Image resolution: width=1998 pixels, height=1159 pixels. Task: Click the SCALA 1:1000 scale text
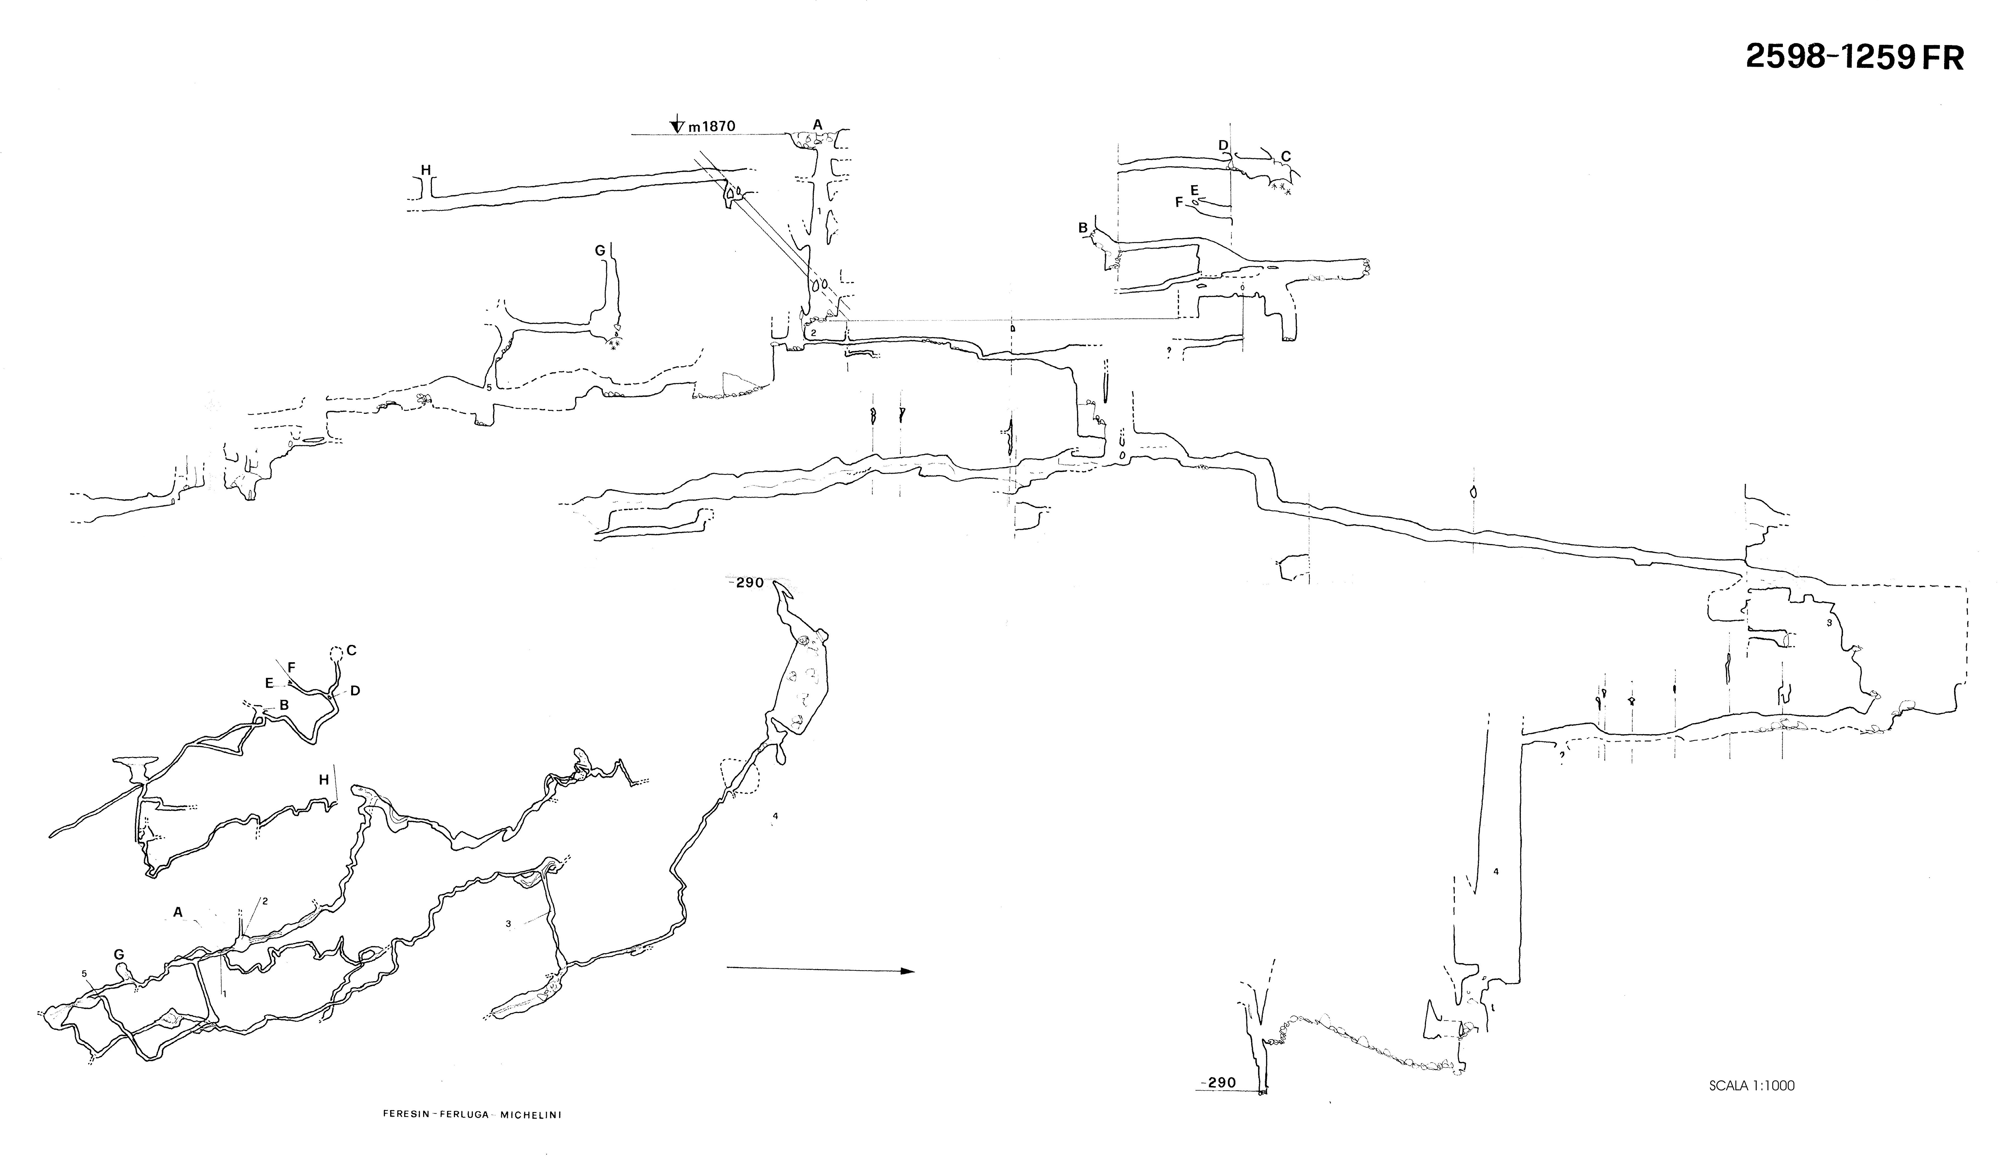point(1752,1085)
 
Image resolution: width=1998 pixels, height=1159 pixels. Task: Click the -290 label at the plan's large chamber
point(745,583)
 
